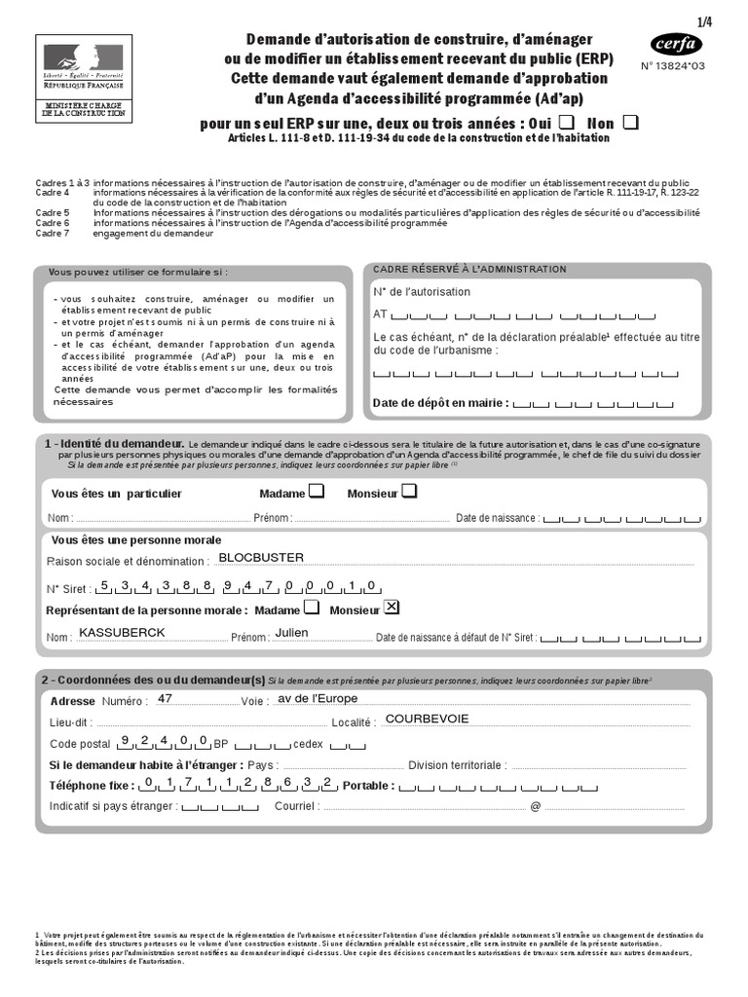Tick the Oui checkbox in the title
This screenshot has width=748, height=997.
[567, 122]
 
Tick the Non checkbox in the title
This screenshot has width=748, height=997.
[631, 122]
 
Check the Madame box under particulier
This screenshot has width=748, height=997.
[317, 493]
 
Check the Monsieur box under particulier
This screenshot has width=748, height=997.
[409, 493]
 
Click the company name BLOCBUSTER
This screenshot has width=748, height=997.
[261, 558]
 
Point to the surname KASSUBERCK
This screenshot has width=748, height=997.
[122, 633]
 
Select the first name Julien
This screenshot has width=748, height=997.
[291, 633]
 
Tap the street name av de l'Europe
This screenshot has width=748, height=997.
[318, 699]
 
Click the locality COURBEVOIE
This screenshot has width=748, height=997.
[427, 720]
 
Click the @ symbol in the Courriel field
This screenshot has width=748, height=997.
[535, 807]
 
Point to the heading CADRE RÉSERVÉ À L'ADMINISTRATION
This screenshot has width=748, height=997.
[469, 270]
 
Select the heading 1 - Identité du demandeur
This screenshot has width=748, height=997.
[114, 443]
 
